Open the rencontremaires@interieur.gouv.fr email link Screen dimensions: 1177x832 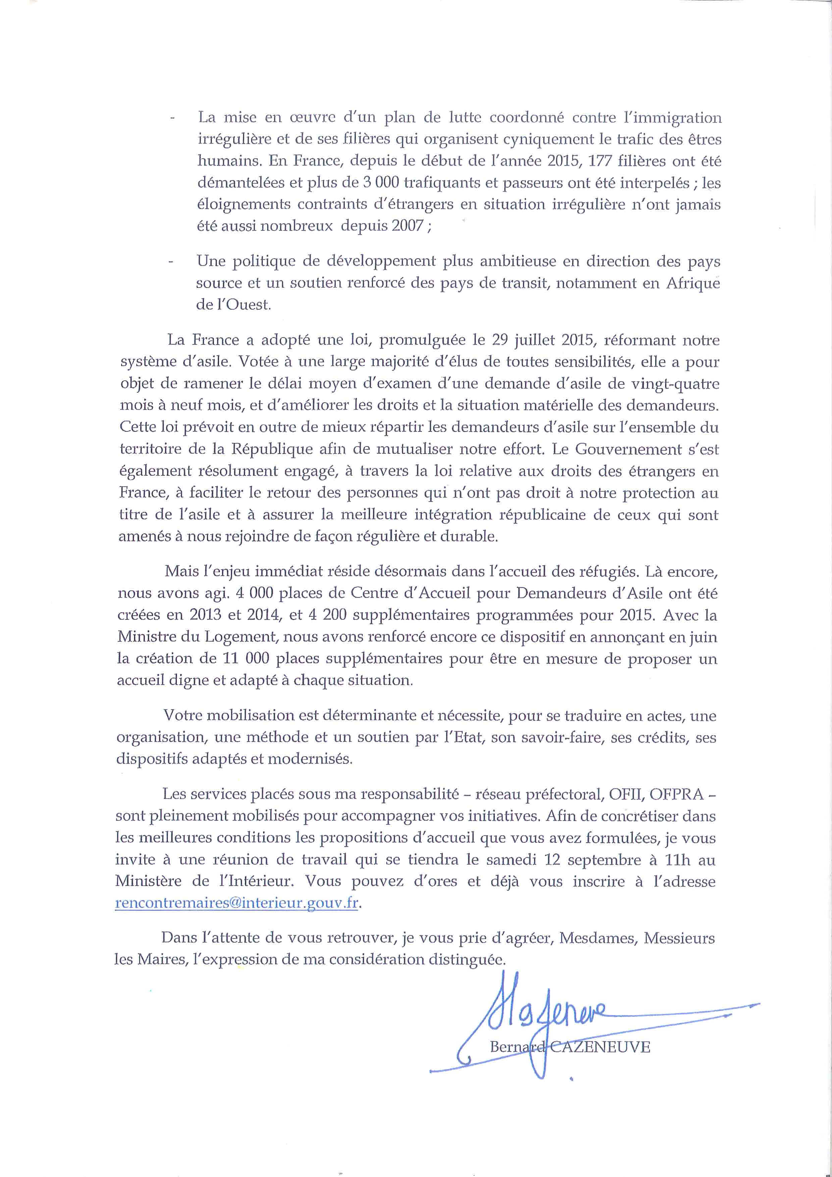[236, 903]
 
